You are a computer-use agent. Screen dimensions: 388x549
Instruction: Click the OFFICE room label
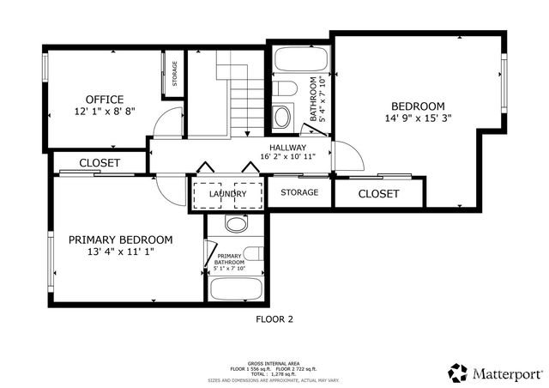point(104,99)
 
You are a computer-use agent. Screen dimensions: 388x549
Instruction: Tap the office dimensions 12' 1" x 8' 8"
point(104,112)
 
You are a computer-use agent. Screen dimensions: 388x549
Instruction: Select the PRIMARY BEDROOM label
point(120,239)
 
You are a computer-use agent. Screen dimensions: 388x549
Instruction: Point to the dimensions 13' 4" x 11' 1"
point(120,252)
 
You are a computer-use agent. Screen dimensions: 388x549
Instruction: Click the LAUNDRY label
point(227,194)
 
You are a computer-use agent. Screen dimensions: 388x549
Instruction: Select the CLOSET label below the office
point(100,162)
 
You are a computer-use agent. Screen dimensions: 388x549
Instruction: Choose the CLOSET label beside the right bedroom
point(378,194)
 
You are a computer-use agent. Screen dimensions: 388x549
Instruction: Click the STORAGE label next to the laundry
point(299,192)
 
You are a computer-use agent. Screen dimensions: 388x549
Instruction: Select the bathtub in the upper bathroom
point(300,60)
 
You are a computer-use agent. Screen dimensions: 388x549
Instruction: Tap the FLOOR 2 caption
point(274,318)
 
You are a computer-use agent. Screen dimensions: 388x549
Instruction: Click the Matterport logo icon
point(458,373)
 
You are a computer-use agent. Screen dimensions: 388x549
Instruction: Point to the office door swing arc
point(166,125)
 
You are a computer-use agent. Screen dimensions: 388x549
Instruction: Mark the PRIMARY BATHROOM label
point(230,260)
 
